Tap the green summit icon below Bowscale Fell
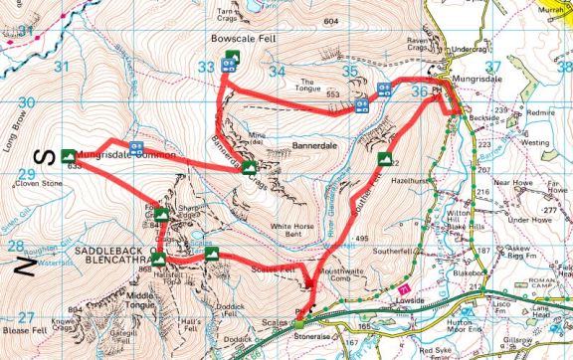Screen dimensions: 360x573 pos(231,56)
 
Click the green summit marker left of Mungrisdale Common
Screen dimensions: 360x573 pos(68,155)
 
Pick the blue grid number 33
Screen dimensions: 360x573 pos(207,68)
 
